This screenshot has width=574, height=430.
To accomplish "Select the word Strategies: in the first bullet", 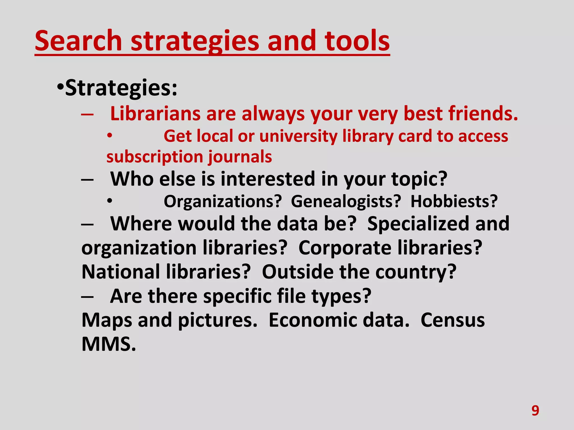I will pyautogui.click(x=121, y=88).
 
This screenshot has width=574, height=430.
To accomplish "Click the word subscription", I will pyautogui.click(x=154, y=157).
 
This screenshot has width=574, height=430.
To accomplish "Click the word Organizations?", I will pyautogui.click(x=223, y=201).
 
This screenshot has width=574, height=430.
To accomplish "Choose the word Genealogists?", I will pyautogui.click(x=346, y=201).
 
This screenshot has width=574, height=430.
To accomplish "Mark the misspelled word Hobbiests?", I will pyautogui.click(x=454, y=201).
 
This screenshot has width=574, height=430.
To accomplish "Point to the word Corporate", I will pyautogui.click(x=345, y=248).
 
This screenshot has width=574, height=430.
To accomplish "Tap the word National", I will pyautogui.click(x=121, y=272).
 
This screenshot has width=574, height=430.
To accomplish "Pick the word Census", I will pyautogui.click(x=453, y=320).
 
